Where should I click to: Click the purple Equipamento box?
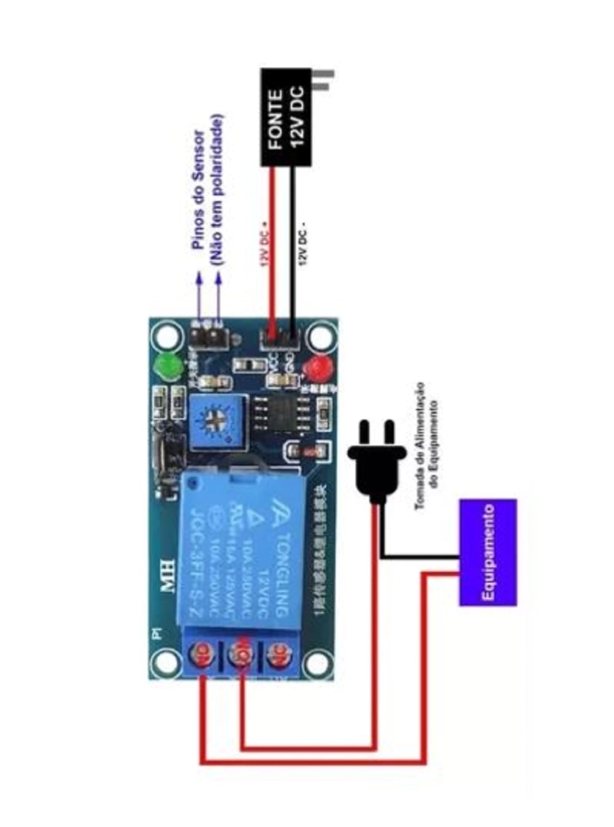pos(487,552)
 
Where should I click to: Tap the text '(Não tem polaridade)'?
pos(217,191)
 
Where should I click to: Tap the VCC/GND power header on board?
pos(281,340)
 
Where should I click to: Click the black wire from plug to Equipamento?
pos(420,557)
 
